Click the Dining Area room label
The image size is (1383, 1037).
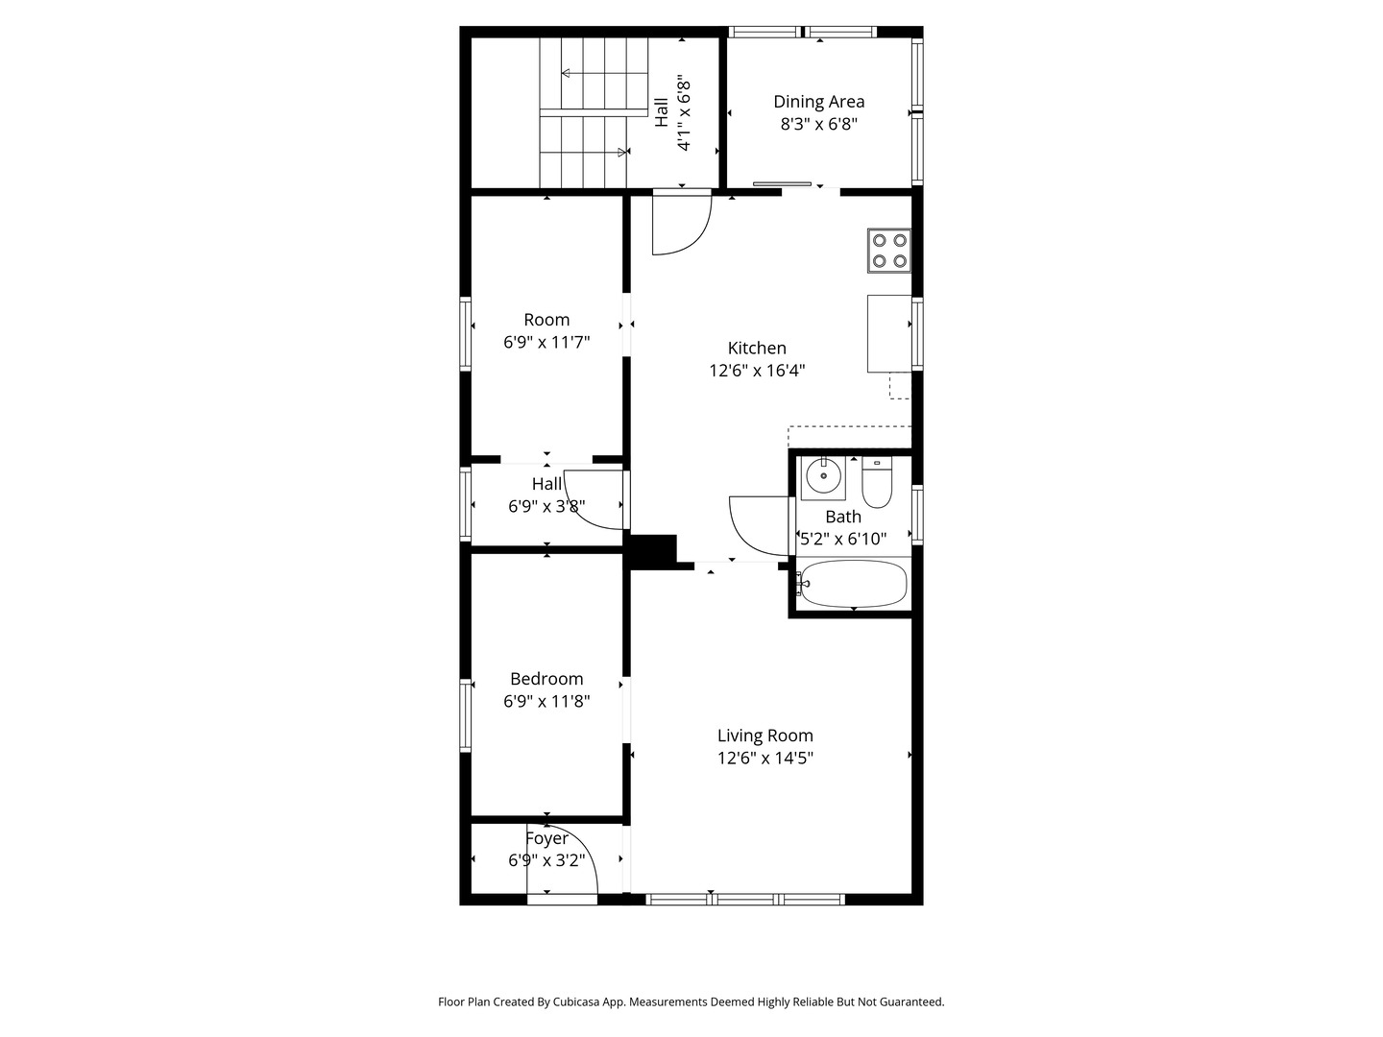(818, 102)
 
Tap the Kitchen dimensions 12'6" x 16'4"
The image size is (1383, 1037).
(757, 371)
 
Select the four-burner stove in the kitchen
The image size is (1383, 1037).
(889, 250)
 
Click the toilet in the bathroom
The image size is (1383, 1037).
(877, 482)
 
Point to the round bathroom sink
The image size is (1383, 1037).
(822, 476)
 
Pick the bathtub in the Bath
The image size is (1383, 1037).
(854, 584)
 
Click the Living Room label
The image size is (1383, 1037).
(764, 735)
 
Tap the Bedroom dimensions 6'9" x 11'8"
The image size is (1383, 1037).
(546, 701)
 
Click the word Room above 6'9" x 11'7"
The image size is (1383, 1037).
(546, 319)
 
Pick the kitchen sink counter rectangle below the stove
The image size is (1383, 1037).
(889, 334)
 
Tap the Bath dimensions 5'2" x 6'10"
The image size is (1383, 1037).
(843, 539)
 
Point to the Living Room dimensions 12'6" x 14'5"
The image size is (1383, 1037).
(764, 758)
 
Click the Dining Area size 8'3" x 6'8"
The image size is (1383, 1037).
(818, 124)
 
